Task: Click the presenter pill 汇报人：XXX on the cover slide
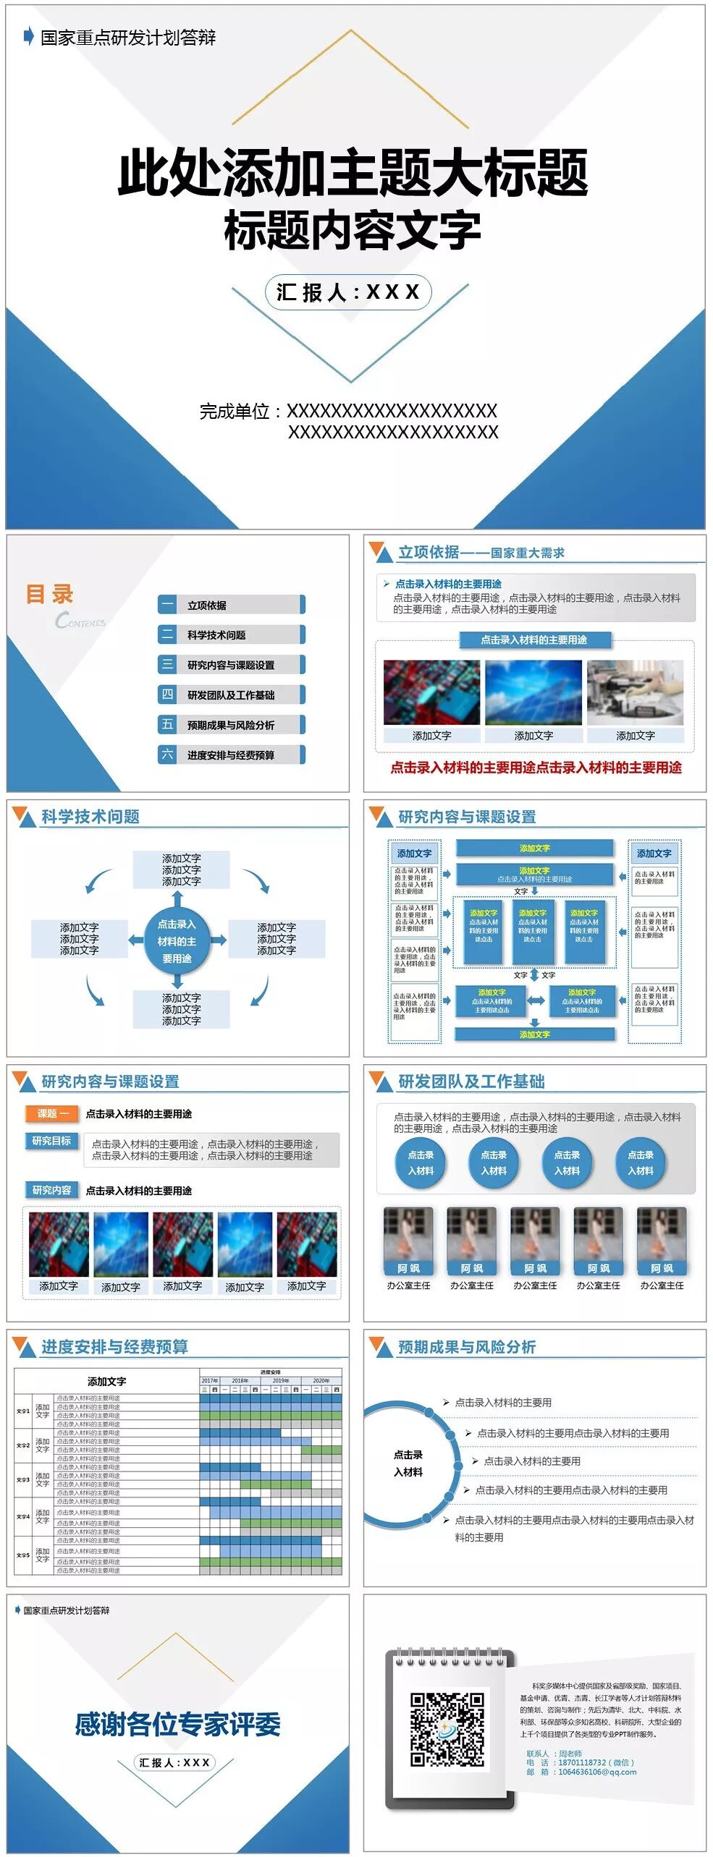[x=348, y=292]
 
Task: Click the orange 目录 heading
[x=49, y=594]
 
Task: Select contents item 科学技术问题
[x=216, y=635]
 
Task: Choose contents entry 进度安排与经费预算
[x=231, y=755]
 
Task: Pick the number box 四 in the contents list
[x=167, y=694]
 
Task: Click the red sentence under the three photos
[x=536, y=768]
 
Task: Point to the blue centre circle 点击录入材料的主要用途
[x=177, y=941]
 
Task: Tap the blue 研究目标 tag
[x=51, y=1141]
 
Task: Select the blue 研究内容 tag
[x=51, y=1190]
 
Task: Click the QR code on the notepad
[x=447, y=1729]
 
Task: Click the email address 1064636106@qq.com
[x=597, y=1772]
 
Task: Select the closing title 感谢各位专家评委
[x=177, y=1725]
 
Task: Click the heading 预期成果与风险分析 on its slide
[x=467, y=1347]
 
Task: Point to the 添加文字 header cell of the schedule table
[x=106, y=1381]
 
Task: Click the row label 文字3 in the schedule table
[x=23, y=1480]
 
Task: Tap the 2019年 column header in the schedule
[x=281, y=1380]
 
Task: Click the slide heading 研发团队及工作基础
[x=471, y=1082]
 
